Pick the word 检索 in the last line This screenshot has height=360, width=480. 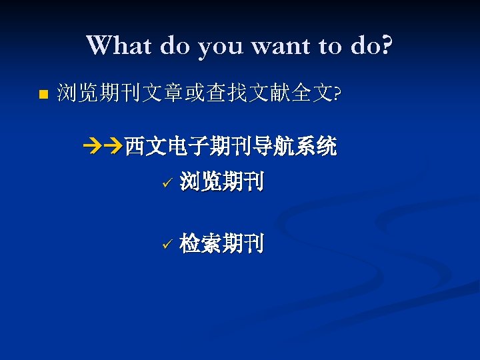coord(201,244)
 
